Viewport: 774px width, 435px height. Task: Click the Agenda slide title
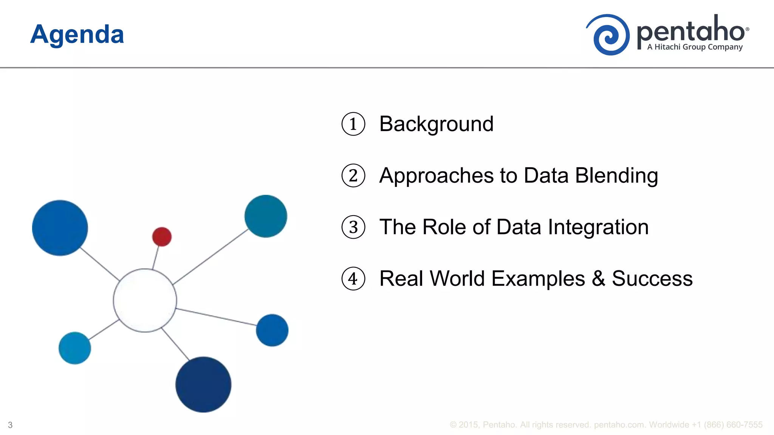pyautogui.click(x=77, y=35)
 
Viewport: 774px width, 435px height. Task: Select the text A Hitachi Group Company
pyautogui.click(x=695, y=47)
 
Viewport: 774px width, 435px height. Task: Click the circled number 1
pyautogui.click(x=353, y=124)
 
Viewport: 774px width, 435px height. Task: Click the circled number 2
pyautogui.click(x=353, y=176)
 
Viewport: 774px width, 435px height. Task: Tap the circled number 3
pyautogui.click(x=353, y=227)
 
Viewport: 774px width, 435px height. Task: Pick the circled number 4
pyautogui.click(x=353, y=279)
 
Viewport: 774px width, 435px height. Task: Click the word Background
pyautogui.click(x=436, y=124)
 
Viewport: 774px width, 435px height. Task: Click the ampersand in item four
pyautogui.click(x=598, y=279)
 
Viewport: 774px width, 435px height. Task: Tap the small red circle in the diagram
pyautogui.click(x=162, y=237)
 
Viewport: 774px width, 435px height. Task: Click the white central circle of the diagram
pyautogui.click(x=145, y=301)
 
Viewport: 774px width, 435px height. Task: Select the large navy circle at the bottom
pyautogui.click(x=203, y=384)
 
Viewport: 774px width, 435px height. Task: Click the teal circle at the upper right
pyautogui.click(x=266, y=216)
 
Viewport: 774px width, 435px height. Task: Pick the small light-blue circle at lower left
pyautogui.click(x=75, y=348)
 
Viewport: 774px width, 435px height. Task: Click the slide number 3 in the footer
pyautogui.click(x=10, y=425)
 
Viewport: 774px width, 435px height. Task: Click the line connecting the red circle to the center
pyautogui.click(x=156, y=258)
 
